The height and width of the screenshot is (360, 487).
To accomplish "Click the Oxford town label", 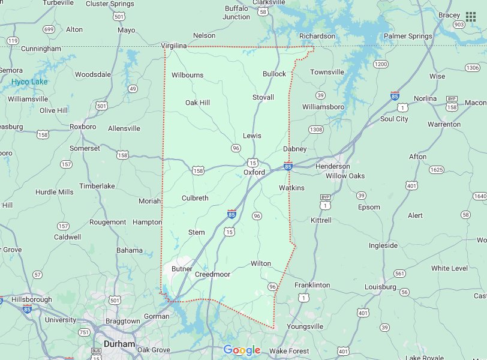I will (x=254, y=172).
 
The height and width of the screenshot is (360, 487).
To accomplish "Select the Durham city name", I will (x=119, y=344).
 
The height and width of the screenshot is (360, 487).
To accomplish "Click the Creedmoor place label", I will (x=212, y=274).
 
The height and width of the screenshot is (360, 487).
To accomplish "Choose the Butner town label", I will (x=182, y=269).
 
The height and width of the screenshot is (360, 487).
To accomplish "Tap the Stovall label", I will (x=263, y=97).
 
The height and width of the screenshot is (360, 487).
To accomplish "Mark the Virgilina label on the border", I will (x=174, y=46).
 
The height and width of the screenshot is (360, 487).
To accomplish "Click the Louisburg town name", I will (x=380, y=287).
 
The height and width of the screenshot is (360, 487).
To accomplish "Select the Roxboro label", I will (x=83, y=127).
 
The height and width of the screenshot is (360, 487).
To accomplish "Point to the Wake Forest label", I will (x=289, y=351).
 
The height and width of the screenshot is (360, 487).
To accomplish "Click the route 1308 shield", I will (x=316, y=130).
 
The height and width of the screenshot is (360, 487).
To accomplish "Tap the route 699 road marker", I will (x=49, y=29).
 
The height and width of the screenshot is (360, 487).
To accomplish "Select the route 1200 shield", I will (x=380, y=64).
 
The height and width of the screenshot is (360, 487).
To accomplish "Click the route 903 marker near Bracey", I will (x=459, y=25).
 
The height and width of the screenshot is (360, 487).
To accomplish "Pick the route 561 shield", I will (x=399, y=274).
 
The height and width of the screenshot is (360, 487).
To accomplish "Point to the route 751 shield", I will (x=85, y=332).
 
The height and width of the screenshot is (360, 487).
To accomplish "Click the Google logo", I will (x=242, y=350).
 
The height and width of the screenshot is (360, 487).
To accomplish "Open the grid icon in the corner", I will (x=471, y=16).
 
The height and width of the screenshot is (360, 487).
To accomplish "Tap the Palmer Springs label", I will (x=408, y=36).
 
